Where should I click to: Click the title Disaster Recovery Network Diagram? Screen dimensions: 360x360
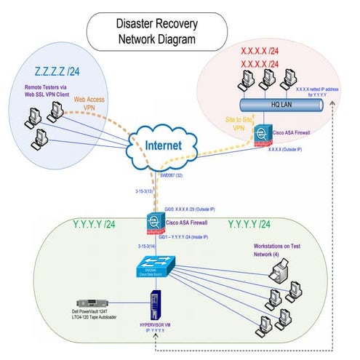tap(157, 33)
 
